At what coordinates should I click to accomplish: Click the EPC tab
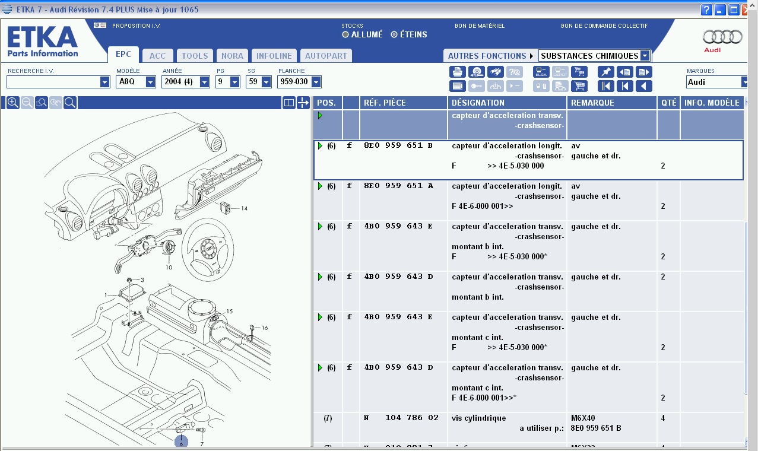click(123, 55)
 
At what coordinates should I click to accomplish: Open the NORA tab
click(232, 56)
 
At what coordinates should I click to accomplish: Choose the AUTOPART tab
click(326, 56)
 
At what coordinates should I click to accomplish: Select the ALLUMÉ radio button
click(345, 34)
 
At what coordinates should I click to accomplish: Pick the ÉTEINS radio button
click(394, 34)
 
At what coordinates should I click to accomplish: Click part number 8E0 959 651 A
click(398, 186)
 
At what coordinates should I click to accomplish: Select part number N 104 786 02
click(401, 418)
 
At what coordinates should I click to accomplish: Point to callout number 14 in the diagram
click(244, 208)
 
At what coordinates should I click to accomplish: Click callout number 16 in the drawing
click(265, 328)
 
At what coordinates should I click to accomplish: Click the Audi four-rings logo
click(722, 37)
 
